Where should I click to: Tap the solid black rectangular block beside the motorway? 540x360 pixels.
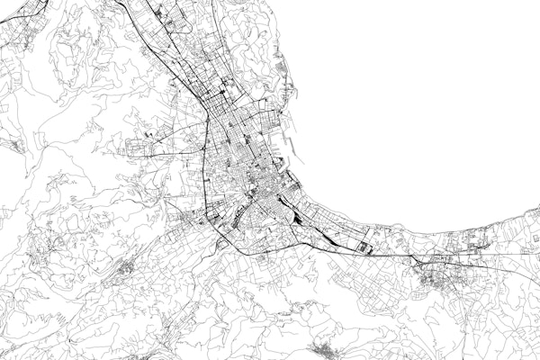(364, 246)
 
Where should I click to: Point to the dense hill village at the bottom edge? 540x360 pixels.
(322, 348)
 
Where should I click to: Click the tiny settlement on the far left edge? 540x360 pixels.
(11, 142)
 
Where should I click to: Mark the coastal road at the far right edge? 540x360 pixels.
(531, 216)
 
